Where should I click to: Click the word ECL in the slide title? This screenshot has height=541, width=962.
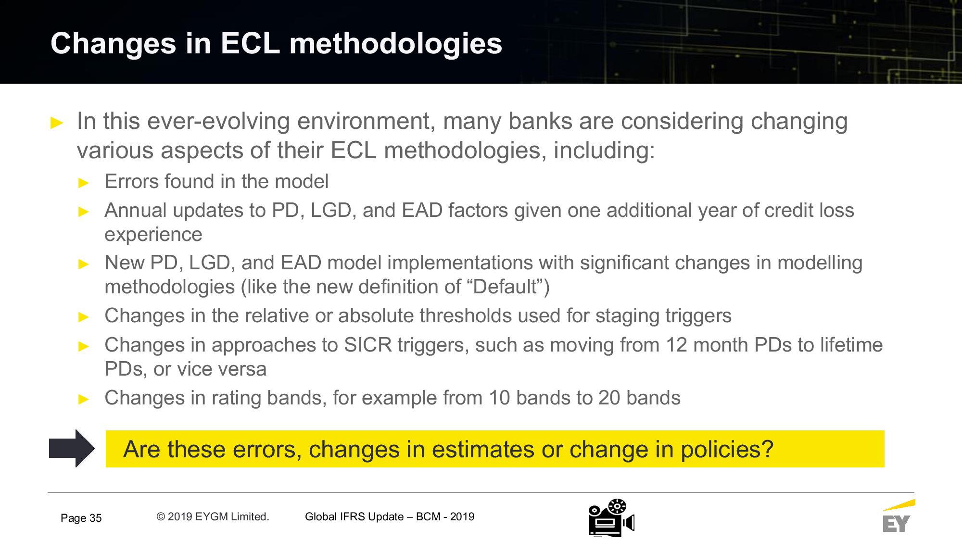(250, 43)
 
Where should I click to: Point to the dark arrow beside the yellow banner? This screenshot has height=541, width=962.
(72, 448)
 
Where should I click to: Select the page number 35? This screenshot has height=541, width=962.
(95, 518)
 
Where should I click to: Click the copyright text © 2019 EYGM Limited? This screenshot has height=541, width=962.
(213, 516)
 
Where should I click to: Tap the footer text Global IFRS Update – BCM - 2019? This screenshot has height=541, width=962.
(390, 516)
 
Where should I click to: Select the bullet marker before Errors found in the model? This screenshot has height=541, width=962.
(84, 183)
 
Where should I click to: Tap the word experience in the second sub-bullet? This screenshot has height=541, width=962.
(153, 235)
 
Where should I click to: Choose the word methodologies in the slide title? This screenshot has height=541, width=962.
(396, 44)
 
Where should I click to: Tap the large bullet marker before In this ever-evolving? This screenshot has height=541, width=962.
(57, 123)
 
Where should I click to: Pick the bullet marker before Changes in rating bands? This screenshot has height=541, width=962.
(84, 399)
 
